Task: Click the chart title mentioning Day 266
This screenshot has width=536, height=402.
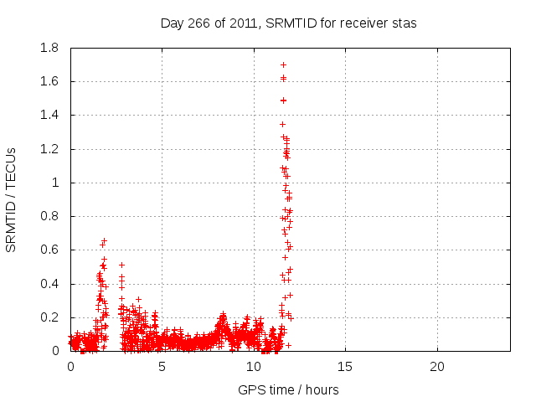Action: point(289,23)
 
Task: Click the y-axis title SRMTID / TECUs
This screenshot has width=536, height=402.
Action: point(12,199)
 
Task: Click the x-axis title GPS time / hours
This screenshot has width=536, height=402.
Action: point(289,389)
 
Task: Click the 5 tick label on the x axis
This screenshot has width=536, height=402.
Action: point(162,367)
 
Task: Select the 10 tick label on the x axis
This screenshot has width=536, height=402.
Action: point(253,367)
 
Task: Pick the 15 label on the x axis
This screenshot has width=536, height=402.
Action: point(345,367)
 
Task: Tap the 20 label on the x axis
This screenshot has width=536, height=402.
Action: point(436,367)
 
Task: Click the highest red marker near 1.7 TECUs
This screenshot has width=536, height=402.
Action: point(283,64)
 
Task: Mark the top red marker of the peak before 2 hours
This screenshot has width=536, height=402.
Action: point(104,241)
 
